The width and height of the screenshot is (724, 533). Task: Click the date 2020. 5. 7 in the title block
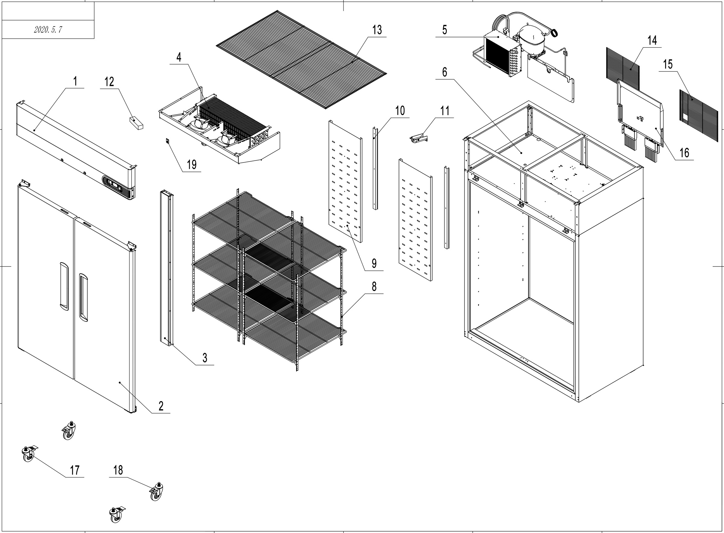48,30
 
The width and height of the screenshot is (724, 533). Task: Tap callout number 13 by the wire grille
377,30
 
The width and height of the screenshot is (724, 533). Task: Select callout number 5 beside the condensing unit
444,30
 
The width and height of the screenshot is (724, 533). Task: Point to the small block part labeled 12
136,123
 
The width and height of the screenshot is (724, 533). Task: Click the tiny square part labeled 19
167,141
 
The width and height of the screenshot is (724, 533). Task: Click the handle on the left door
64,286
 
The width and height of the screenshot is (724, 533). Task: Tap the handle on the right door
84,298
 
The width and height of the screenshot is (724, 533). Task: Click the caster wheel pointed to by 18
156,492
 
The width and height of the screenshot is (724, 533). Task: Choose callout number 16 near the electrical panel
684,153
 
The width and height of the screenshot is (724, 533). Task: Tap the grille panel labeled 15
699,115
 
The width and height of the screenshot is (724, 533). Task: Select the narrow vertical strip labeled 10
375,168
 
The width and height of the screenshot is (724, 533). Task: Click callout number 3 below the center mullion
205,358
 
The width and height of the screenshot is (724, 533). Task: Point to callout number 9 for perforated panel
374,263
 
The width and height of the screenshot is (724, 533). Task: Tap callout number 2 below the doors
161,406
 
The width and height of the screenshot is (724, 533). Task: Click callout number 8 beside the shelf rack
374,286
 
